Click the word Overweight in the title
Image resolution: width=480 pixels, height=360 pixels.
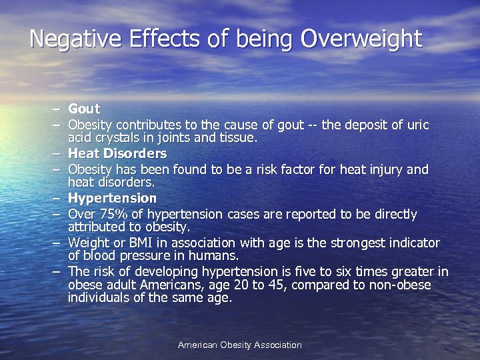pos(361,38)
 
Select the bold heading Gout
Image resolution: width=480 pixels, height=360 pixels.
pos(84,109)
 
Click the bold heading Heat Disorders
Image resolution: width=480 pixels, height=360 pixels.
pos(117,154)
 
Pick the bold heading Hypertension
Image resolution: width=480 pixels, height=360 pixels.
pos(112,199)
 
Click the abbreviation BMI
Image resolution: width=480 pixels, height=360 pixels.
pos(149,243)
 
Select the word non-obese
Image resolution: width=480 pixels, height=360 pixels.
pos(400,285)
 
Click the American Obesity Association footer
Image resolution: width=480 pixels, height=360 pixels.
pos(240,345)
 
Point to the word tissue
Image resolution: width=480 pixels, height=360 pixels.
pos(237,138)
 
